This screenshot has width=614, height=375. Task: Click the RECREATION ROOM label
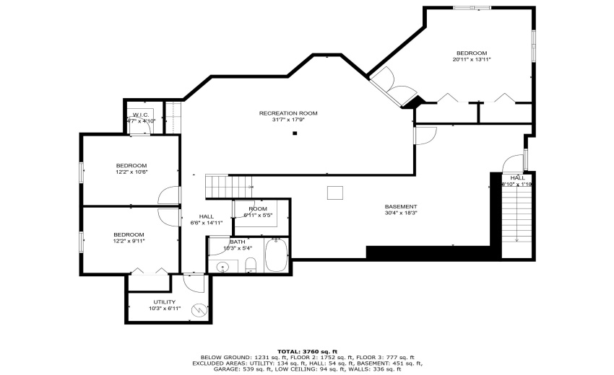(x=288, y=113)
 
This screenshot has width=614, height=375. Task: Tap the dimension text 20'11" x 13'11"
(x=471, y=60)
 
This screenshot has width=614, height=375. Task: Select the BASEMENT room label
(x=400, y=206)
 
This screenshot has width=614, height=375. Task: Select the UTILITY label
(x=164, y=301)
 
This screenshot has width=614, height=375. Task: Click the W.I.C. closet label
(x=140, y=115)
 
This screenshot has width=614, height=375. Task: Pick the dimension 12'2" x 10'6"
(x=131, y=172)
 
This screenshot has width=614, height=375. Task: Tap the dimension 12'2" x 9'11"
(x=129, y=242)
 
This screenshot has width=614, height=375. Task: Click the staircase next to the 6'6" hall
(x=220, y=185)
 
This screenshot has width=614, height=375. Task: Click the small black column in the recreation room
(x=295, y=133)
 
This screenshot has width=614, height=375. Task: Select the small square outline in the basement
(x=334, y=193)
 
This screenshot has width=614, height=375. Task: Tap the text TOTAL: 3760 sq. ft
(x=307, y=350)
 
